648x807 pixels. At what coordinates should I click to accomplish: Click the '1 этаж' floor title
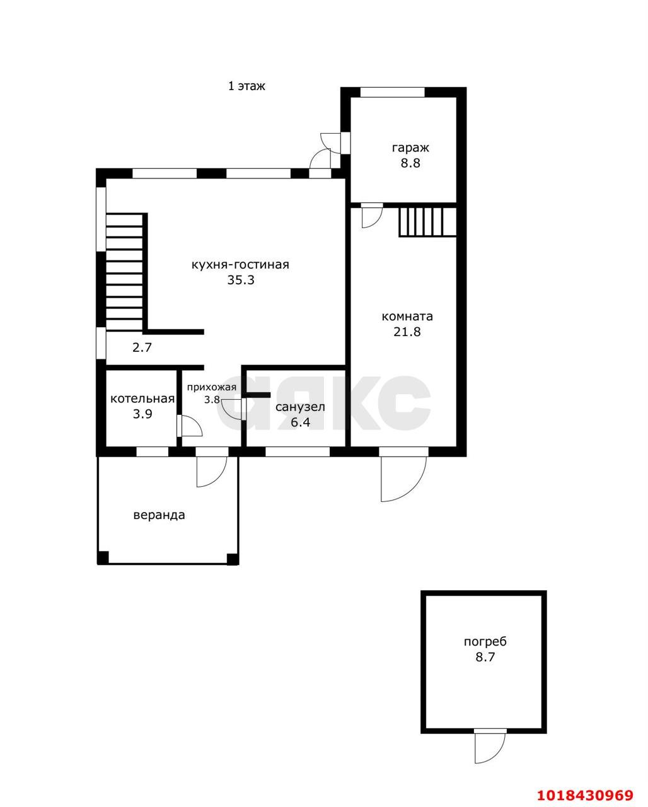coord(246,86)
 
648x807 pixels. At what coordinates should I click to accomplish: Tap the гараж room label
coord(410,148)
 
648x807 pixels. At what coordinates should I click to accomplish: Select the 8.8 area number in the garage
coord(410,163)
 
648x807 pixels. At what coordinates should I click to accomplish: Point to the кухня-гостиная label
coord(240,265)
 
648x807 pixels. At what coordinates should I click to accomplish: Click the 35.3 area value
coord(240,280)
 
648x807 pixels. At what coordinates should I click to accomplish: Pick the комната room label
coord(407,316)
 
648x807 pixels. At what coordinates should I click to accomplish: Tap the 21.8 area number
coord(407,332)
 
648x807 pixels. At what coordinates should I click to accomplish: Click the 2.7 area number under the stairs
coord(142,347)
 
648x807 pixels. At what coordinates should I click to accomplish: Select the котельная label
coord(142,398)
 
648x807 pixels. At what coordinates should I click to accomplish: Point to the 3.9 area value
coord(142,414)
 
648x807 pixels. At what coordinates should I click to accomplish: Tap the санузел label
coord(301,407)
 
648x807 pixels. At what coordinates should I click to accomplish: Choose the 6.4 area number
coord(301,422)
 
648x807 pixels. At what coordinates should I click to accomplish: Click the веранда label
coord(159,515)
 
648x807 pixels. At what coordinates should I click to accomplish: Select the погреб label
coord(485,642)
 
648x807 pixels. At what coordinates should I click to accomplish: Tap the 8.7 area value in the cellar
coord(485,657)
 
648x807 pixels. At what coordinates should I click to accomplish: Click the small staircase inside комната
coord(427,222)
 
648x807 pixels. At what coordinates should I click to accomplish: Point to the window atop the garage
coord(392,92)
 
